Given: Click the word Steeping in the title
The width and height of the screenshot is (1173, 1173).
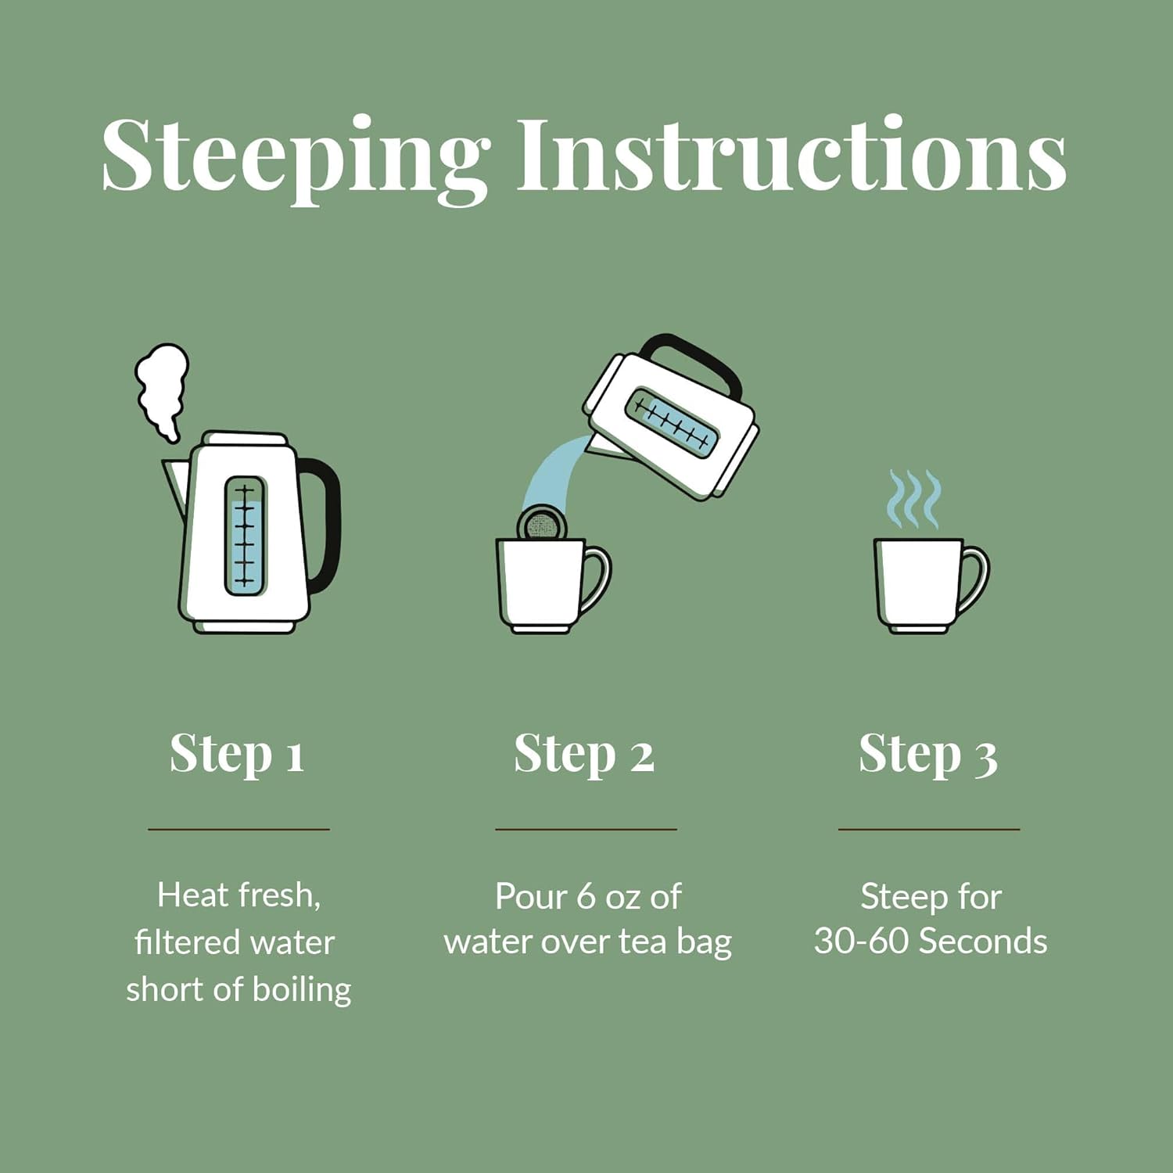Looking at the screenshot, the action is [296, 160].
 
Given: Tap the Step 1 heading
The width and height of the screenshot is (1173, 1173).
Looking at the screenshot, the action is [237, 755].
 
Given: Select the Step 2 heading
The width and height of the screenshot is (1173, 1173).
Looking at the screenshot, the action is [584, 755].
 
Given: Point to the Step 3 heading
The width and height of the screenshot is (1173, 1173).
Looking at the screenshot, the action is [928, 755].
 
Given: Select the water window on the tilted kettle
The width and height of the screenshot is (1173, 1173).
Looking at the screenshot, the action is [673, 422].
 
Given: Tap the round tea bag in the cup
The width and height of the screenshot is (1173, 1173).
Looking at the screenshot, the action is [541, 523].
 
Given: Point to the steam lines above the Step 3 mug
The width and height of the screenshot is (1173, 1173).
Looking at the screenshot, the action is [913, 499].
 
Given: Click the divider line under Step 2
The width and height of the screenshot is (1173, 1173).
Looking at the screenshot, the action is [586, 829].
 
